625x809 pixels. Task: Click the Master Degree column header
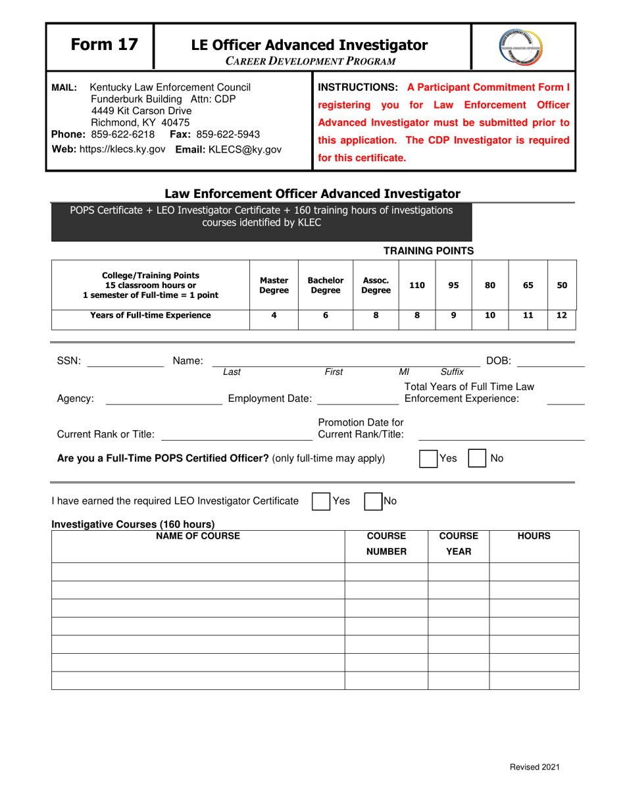(x=274, y=285)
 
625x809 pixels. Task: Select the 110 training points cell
(x=417, y=285)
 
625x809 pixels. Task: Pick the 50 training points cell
(x=561, y=285)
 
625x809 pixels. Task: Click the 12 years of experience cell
(x=561, y=315)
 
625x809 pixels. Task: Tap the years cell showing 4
(x=274, y=315)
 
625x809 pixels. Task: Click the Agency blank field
(x=163, y=399)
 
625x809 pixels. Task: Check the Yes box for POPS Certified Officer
(x=429, y=458)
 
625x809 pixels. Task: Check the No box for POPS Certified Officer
(x=477, y=458)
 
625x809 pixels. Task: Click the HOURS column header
(x=534, y=537)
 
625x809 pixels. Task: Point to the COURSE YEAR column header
(x=459, y=544)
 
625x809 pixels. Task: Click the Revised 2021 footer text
(x=535, y=767)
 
